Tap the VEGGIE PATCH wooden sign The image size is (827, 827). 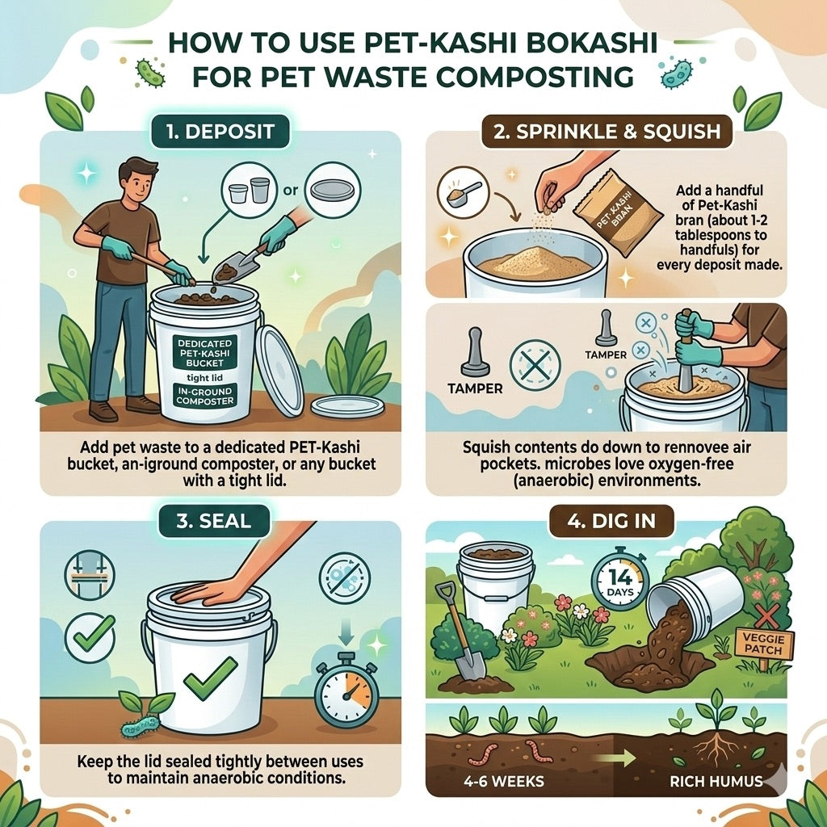(763, 644)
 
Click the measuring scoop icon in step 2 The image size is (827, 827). (460, 194)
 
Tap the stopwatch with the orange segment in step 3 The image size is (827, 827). (346, 691)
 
